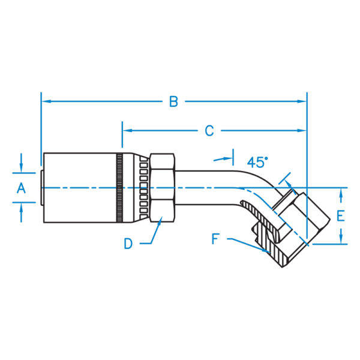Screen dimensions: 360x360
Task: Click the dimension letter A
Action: click(21, 188)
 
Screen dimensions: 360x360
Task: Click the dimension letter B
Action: click(173, 101)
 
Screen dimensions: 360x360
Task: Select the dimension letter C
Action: click(209, 131)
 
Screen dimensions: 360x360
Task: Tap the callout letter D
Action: click(128, 244)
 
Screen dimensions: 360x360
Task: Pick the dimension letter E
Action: click(341, 216)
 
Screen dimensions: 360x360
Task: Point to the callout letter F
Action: click(215, 239)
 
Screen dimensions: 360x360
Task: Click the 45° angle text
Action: click(257, 162)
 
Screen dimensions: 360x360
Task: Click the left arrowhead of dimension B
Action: click(47, 101)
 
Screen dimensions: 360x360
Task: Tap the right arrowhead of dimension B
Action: click(301, 101)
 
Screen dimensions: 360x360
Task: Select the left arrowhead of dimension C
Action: click(128, 131)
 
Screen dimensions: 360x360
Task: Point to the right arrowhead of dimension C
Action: click(301, 131)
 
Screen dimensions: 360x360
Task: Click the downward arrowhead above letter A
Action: click(21, 167)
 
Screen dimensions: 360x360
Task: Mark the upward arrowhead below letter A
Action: click(21, 208)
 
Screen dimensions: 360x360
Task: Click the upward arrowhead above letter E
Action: click(341, 193)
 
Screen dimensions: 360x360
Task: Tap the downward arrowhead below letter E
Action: click(341, 239)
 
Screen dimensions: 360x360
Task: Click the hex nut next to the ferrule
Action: click(162, 188)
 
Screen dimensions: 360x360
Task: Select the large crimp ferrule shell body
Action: click(80, 188)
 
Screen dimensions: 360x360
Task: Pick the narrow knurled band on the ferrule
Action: click(119, 188)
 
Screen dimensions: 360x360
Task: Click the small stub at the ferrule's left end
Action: click(42, 188)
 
